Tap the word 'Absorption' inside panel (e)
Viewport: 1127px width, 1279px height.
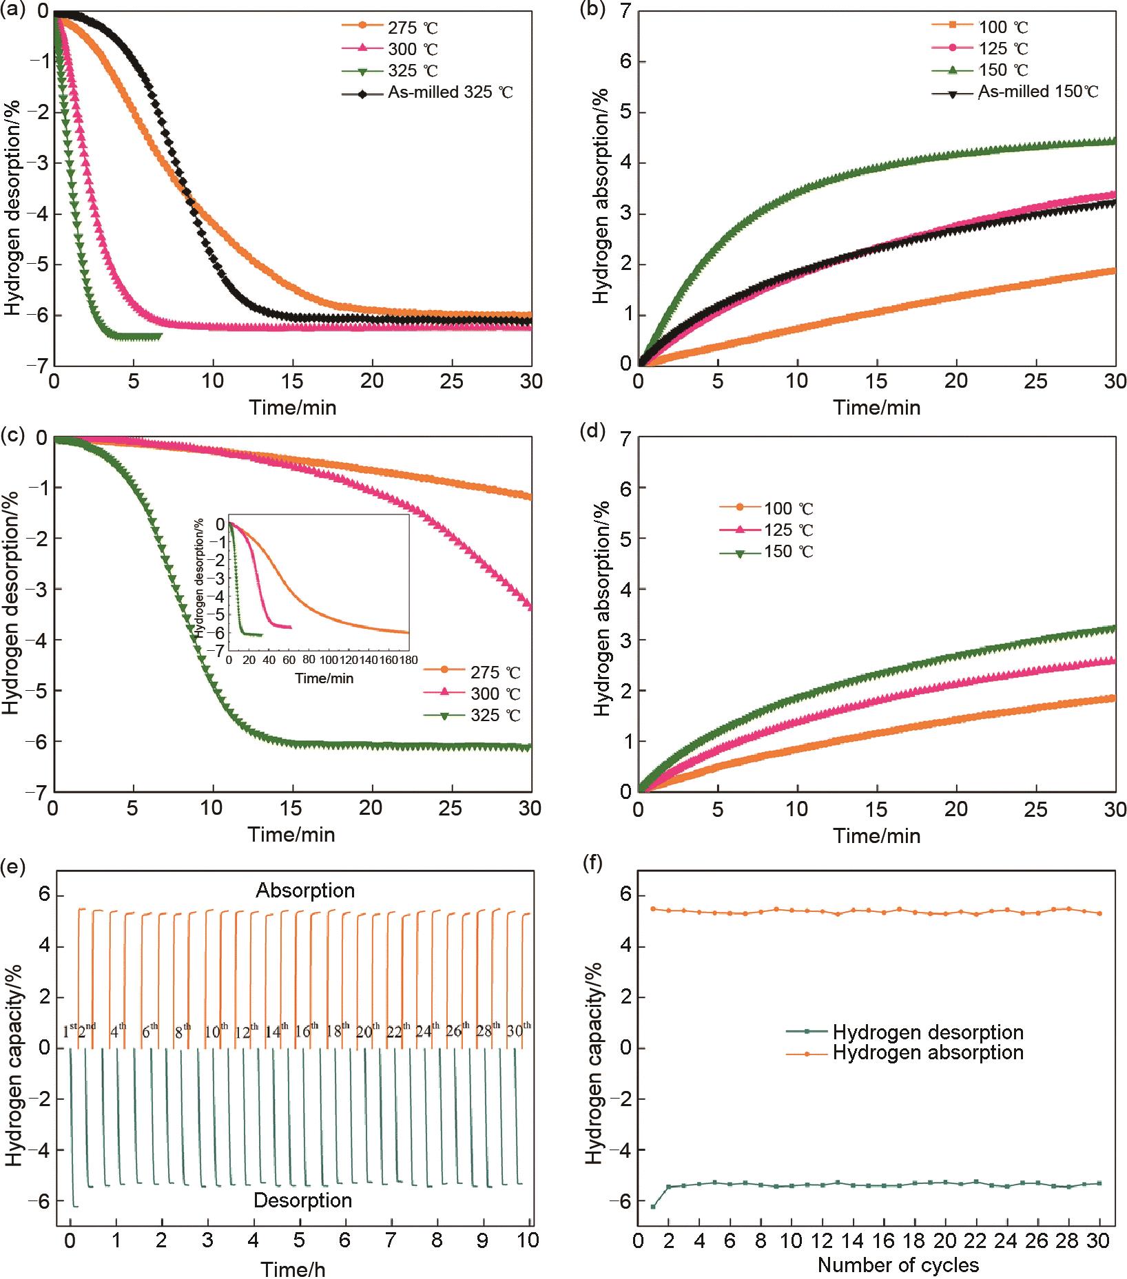click(305, 891)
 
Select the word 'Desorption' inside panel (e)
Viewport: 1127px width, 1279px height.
click(302, 1200)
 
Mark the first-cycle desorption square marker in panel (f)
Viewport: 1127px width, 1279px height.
click(653, 1207)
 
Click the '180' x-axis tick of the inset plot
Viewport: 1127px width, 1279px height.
click(409, 661)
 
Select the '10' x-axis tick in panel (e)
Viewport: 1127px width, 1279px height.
click(528, 1242)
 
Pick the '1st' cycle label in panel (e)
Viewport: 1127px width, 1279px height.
click(70, 1031)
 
